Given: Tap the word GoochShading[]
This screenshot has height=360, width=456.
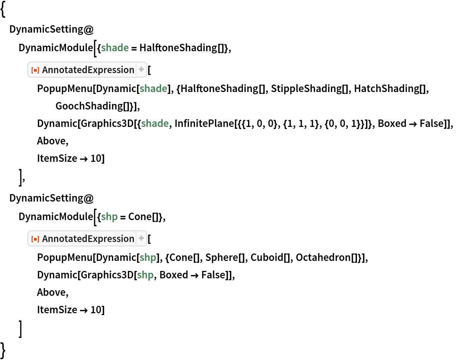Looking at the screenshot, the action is tap(93, 106).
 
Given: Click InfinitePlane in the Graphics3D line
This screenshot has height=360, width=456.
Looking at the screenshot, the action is tap(204, 124).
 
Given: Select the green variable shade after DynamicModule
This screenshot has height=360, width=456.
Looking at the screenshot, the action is tap(115, 48).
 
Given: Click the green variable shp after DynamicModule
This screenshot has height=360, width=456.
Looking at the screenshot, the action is tap(109, 217).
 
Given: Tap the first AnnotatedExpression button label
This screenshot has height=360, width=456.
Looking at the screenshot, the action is tap(88, 70).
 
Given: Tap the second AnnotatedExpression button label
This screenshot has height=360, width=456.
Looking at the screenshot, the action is tap(88, 239).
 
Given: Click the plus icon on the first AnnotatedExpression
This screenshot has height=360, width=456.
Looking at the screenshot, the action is tap(141, 69).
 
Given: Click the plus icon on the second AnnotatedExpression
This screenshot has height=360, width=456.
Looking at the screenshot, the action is tap(141, 238).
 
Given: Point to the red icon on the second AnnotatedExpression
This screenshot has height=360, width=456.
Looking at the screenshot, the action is tap(35, 239).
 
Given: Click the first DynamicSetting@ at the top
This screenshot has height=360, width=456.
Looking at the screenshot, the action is tap(52, 29).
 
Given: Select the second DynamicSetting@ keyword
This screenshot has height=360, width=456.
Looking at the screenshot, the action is tap(52, 198).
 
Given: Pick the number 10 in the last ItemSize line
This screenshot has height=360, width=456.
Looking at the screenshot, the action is tap(96, 310).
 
